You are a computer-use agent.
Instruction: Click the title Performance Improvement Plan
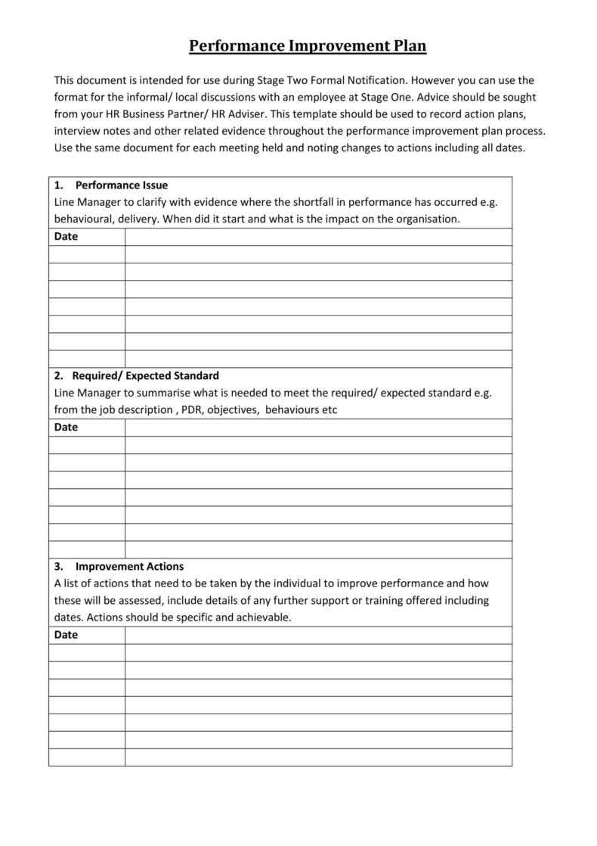pyautogui.click(x=308, y=46)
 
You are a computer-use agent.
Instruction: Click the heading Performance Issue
pyautogui.click(x=121, y=185)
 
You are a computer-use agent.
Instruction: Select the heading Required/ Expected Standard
pyautogui.click(x=145, y=375)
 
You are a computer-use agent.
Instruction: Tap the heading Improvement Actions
pyautogui.click(x=129, y=566)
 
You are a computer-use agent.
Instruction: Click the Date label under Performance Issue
pyautogui.click(x=66, y=236)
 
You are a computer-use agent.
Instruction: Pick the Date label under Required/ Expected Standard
pyautogui.click(x=66, y=427)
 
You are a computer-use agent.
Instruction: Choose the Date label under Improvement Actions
pyautogui.click(x=66, y=634)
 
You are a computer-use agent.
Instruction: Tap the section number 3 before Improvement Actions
pyautogui.click(x=58, y=566)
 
